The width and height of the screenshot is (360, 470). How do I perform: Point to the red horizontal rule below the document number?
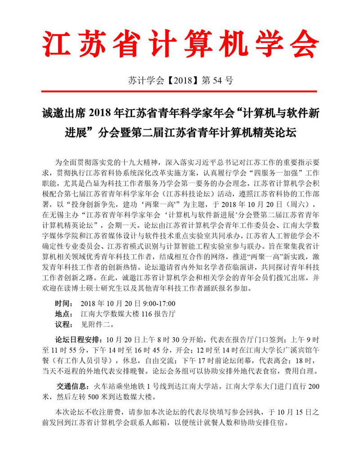[180, 92]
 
